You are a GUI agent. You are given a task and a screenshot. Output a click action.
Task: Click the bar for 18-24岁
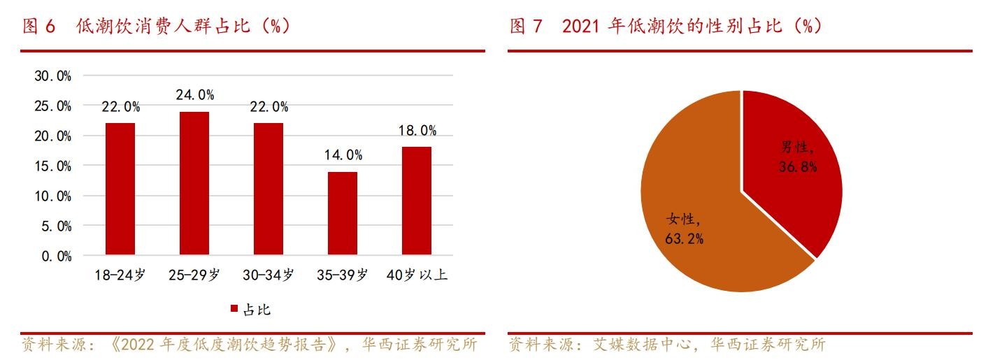pyautogui.click(x=120, y=189)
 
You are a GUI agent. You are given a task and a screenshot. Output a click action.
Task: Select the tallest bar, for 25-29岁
pyautogui.click(x=194, y=183)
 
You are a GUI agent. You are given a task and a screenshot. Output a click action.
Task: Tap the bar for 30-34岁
pyautogui.click(x=268, y=189)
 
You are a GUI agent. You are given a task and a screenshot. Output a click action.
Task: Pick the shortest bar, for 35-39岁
pyautogui.click(x=343, y=213)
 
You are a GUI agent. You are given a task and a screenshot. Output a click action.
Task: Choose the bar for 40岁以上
pyautogui.click(x=417, y=201)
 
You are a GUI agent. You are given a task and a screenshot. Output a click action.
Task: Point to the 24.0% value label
pyautogui.click(x=194, y=95)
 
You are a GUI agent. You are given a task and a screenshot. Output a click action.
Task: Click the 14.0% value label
pyautogui.click(x=343, y=155)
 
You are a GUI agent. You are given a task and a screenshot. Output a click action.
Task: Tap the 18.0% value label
pyautogui.click(x=417, y=131)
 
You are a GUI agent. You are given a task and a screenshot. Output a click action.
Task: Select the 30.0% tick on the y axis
pyautogui.click(x=53, y=76)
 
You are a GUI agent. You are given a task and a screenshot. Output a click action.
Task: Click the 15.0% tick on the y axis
pyautogui.click(x=53, y=166)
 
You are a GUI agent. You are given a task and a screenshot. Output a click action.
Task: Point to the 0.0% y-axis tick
pyautogui.click(x=56, y=257)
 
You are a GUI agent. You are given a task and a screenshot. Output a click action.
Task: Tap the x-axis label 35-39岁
pyautogui.click(x=343, y=275)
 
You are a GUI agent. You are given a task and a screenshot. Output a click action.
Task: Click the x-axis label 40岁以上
pyautogui.click(x=417, y=275)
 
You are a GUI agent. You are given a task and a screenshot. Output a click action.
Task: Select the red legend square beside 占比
pyautogui.click(x=234, y=309)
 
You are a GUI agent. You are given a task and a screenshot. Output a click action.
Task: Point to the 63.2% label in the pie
pyautogui.click(x=684, y=239)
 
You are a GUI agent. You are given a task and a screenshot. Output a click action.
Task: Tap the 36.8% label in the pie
pyautogui.click(x=798, y=167)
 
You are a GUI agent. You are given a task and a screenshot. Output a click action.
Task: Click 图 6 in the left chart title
pyautogui.click(x=39, y=27)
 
